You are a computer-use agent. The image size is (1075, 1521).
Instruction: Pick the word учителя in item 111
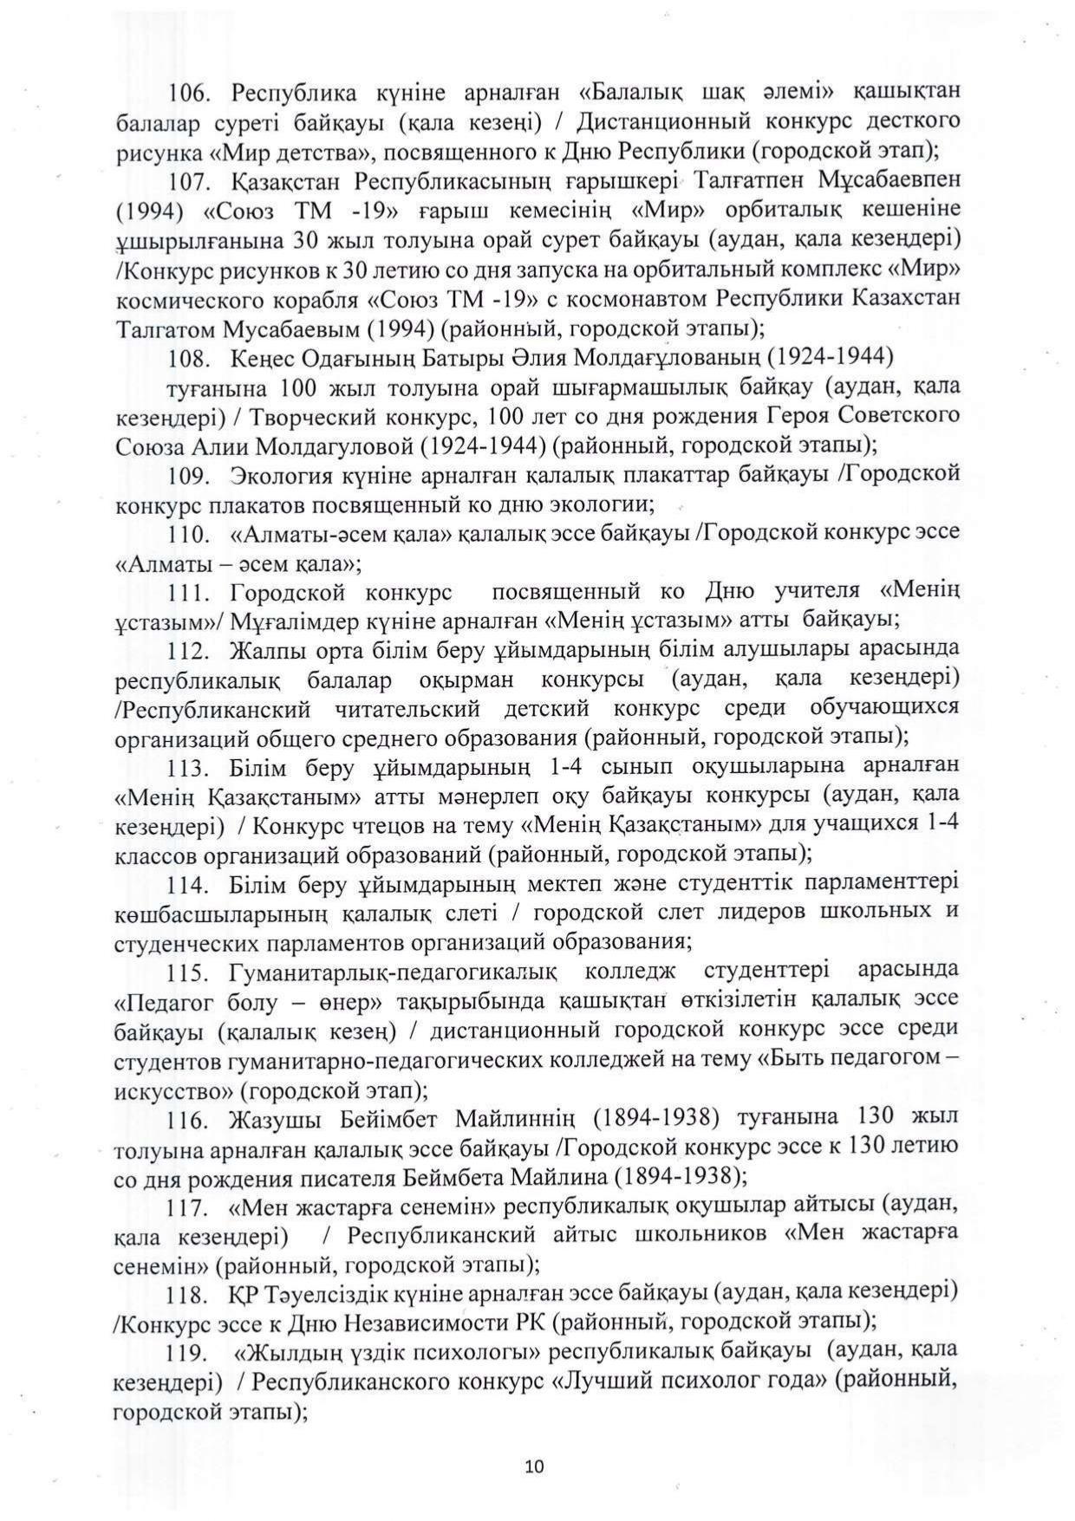tap(812, 592)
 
